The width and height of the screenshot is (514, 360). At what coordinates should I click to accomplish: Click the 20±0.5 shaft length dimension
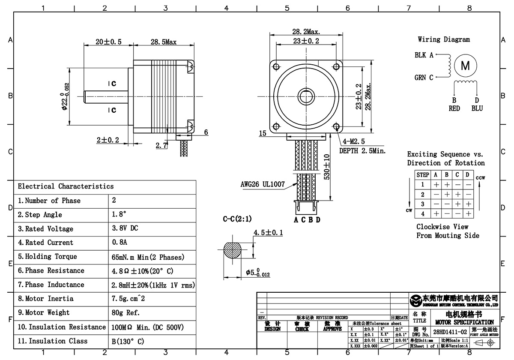pyautogui.click(x=108, y=42)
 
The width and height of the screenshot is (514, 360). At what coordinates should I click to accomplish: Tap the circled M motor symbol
pyautogui.click(x=465, y=66)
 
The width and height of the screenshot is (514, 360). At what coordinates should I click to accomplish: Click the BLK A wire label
pyautogui.click(x=424, y=55)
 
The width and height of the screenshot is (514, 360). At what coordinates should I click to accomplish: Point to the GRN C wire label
pyautogui.click(x=424, y=78)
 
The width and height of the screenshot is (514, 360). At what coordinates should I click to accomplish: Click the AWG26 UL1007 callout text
pyautogui.click(x=262, y=184)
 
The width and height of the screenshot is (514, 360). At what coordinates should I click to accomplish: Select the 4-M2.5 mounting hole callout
pyautogui.click(x=351, y=141)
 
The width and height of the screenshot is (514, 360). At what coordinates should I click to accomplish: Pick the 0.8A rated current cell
pyautogui.click(x=119, y=243)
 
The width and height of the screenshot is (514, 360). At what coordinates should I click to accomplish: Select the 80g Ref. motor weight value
pyautogui.click(x=126, y=313)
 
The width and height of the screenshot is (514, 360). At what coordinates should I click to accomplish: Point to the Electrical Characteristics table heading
pyautogui.click(x=66, y=186)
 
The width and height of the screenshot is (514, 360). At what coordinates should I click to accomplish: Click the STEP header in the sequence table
pyautogui.click(x=423, y=175)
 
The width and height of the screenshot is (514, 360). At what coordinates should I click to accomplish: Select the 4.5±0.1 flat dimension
pyautogui.click(x=268, y=233)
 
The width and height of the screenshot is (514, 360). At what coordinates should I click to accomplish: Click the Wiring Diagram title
pyautogui.click(x=443, y=39)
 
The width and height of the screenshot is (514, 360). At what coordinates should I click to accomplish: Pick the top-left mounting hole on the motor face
pyautogui.click(x=275, y=66)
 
